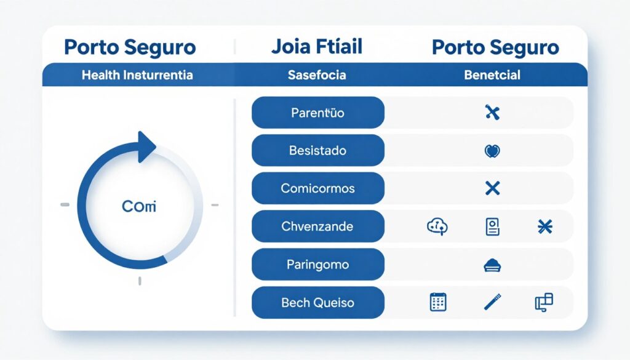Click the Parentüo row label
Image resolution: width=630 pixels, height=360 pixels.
318,113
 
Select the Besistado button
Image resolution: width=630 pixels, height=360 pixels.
318,151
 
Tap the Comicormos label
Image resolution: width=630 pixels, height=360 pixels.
318,188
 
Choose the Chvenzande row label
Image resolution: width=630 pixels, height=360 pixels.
318,226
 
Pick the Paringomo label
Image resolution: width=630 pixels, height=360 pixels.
318,265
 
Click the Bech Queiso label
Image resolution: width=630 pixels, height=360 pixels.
318,303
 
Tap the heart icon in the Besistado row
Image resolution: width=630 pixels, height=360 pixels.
492,151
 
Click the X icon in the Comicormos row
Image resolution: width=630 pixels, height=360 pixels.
492,188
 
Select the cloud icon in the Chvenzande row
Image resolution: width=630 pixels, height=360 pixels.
437,227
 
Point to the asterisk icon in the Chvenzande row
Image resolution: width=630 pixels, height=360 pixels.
545,227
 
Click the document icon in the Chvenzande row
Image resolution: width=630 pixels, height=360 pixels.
492,227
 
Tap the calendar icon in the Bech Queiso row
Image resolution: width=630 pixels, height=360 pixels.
437,302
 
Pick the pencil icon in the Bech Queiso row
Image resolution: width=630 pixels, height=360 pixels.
492,302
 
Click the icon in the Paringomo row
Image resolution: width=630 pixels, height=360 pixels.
493,265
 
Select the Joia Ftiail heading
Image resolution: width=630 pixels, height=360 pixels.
316,47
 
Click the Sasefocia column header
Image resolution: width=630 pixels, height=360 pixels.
317,75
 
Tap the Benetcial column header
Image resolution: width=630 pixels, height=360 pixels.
492,75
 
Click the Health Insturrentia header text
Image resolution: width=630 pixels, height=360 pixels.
137,75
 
